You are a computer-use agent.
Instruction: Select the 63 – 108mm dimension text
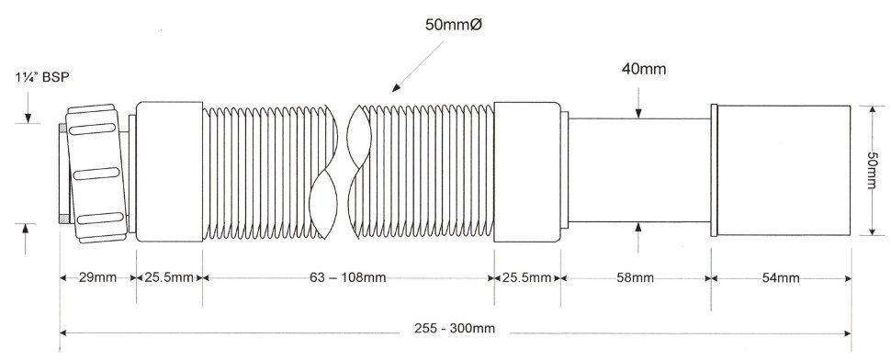[348, 277]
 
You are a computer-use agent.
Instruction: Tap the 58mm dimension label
[635, 277]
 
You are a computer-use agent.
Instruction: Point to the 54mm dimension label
[781, 277]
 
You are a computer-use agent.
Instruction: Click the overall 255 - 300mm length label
[454, 328]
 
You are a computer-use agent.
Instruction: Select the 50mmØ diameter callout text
[455, 25]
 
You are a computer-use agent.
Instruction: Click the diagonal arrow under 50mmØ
[417, 66]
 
